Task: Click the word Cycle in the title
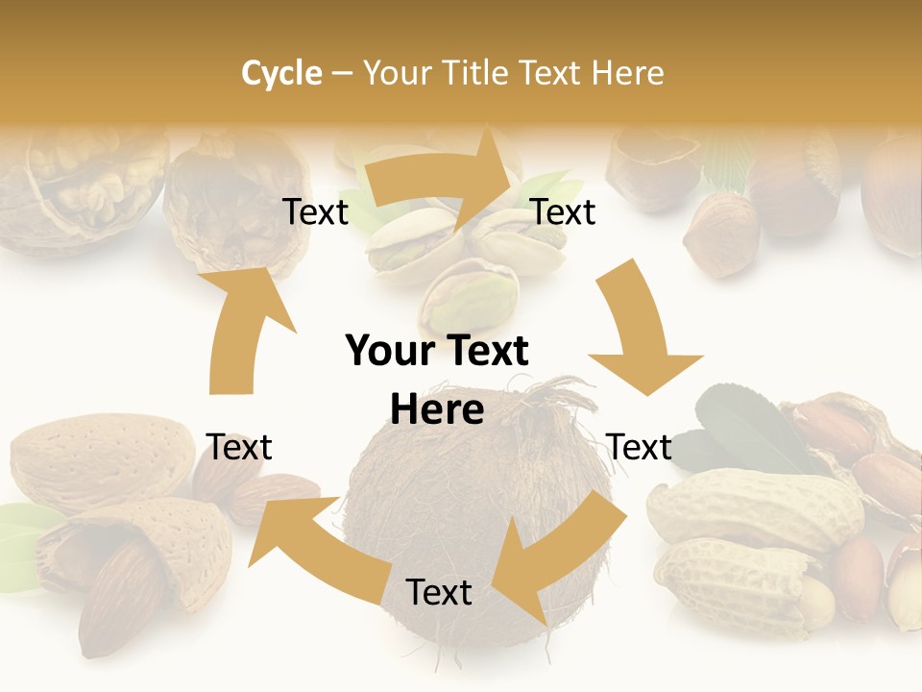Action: (x=281, y=73)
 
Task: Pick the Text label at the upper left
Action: (x=315, y=211)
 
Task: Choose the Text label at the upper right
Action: (x=563, y=211)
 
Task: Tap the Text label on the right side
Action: (x=639, y=447)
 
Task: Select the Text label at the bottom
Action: (x=439, y=592)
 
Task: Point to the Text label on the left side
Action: (x=239, y=447)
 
